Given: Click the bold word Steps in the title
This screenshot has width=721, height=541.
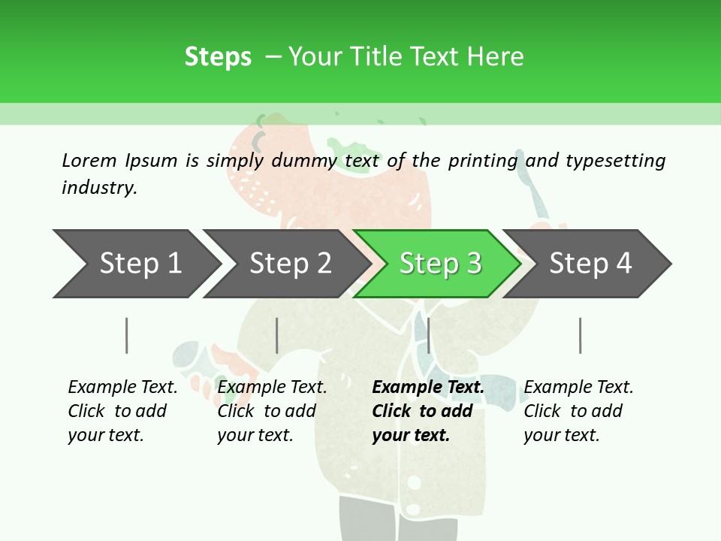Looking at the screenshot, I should pos(218,56).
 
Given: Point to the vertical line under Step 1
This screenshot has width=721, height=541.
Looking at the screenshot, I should pos(127,335).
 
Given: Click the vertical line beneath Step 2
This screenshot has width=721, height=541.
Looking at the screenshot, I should pos(277,335).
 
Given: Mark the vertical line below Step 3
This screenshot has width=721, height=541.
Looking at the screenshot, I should pos(428,335).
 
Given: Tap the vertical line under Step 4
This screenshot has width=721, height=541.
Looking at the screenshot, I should pos(580,335).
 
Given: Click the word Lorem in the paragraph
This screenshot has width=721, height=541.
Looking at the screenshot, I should pos(89,160).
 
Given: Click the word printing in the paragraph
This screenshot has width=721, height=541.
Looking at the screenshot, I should pos(483,160).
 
